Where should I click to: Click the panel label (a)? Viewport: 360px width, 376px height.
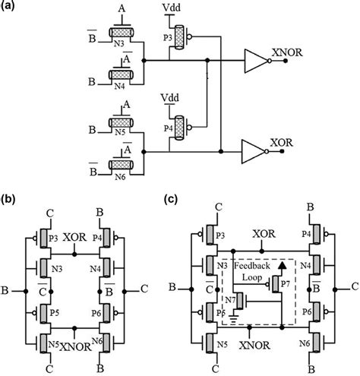[9, 8]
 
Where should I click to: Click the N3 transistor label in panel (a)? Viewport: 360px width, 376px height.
[118, 43]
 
